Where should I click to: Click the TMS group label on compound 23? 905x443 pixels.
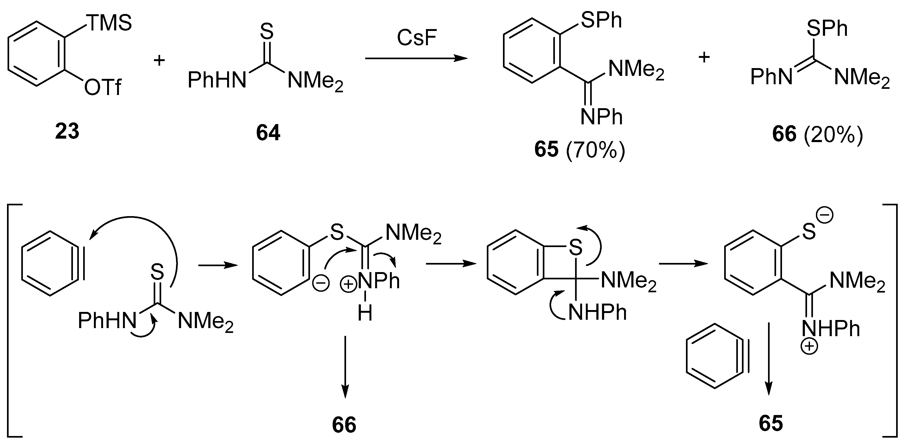(x=109, y=23)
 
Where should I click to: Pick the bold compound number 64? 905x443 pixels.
(x=268, y=133)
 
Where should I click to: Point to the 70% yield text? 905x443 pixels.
(x=596, y=150)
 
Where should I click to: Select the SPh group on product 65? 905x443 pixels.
(x=601, y=21)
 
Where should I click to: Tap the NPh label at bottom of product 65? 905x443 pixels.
(x=601, y=117)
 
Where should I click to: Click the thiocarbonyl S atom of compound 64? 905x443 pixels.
(x=267, y=31)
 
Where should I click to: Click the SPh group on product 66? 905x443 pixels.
(x=827, y=28)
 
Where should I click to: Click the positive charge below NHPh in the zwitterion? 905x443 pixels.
(x=809, y=346)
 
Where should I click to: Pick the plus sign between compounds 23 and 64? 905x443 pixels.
(x=159, y=61)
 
